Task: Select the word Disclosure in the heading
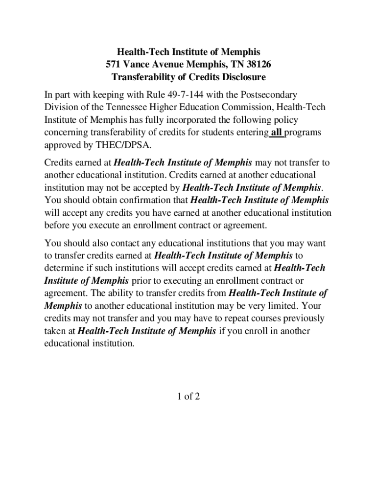coord(242,77)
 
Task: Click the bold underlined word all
coord(277,133)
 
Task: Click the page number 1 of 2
coord(188,397)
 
